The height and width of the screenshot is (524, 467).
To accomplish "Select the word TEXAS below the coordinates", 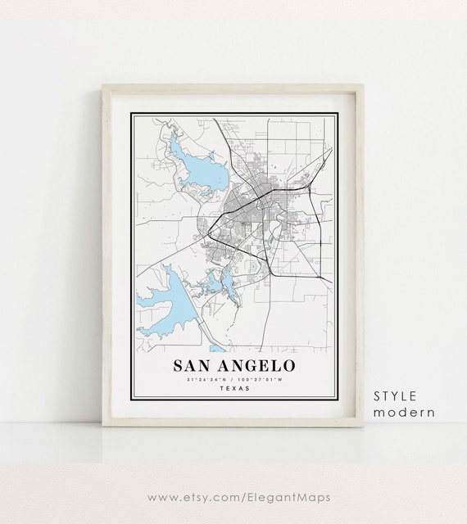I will tap(236, 388).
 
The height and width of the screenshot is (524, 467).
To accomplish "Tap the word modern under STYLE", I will tap(405, 413).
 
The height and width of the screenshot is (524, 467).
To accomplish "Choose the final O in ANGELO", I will tap(289, 365).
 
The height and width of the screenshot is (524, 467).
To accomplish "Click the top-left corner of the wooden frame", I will tap(103, 85).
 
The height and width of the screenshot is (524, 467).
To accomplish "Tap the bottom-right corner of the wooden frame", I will tap(363, 425).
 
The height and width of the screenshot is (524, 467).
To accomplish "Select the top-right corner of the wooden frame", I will tap(363, 85).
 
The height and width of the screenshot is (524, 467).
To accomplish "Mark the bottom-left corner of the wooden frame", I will tap(103, 425).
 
